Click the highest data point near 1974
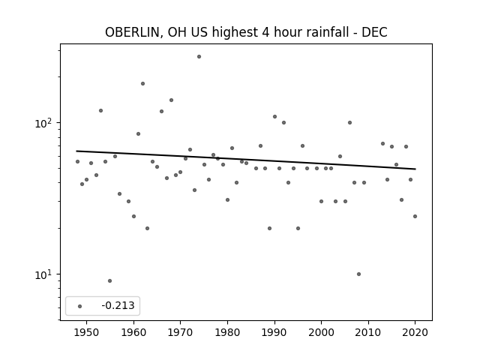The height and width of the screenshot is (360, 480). click(x=199, y=57)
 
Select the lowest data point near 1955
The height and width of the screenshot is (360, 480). click(x=110, y=280)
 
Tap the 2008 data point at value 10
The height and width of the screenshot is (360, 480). click(x=358, y=274)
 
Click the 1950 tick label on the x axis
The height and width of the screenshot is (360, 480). click(x=87, y=332)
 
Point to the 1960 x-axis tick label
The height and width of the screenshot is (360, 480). click(x=133, y=332)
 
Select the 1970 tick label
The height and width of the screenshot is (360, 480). click(x=181, y=332)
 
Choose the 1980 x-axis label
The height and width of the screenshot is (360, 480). click(x=227, y=332)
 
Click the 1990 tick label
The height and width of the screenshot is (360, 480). click(x=274, y=332)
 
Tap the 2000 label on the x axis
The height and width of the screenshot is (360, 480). click(x=322, y=332)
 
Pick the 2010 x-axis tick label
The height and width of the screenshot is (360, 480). click(x=368, y=332)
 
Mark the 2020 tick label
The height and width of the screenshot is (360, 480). click(x=415, y=332)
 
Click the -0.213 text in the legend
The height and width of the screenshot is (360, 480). click(x=118, y=305)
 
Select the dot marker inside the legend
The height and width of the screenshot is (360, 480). click(x=80, y=306)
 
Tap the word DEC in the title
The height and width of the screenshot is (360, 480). click(x=374, y=32)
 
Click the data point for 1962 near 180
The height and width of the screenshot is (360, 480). click(x=142, y=83)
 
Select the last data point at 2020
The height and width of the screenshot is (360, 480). click(x=415, y=217)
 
